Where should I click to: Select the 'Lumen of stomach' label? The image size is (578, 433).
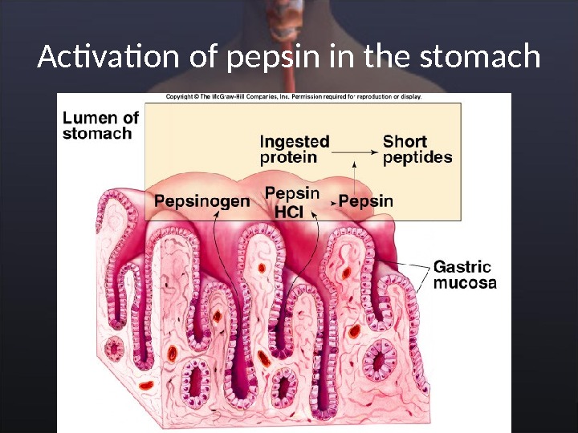[x=100, y=125]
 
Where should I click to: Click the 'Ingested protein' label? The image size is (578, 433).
[x=295, y=149]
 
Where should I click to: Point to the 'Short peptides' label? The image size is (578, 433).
[x=417, y=149]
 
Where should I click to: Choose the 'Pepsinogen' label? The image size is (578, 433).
[x=201, y=201]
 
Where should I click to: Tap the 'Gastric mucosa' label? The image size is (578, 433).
[x=465, y=273]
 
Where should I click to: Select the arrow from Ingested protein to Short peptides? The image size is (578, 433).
[x=355, y=150]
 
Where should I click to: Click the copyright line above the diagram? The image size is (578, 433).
[x=293, y=96]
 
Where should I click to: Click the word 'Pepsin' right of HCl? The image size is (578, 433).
[x=366, y=200]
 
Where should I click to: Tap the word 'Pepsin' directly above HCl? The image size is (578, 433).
[x=292, y=193]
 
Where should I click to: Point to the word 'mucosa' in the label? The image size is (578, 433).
[x=465, y=282]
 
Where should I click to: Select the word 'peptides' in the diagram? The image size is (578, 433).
[x=417, y=157]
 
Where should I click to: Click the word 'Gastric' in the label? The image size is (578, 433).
[x=462, y=265]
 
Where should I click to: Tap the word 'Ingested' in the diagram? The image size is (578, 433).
[x=295, y=141]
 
